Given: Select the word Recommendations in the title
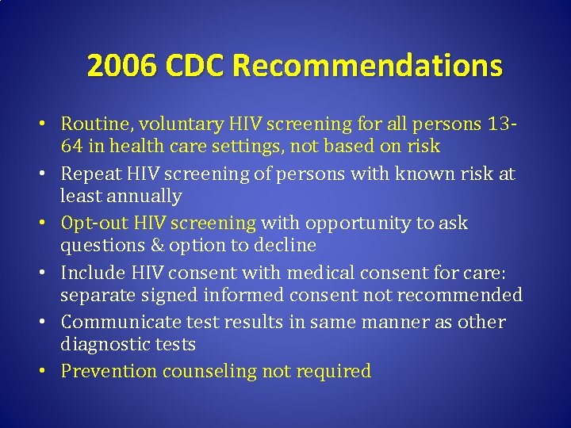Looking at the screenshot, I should click(366, 66).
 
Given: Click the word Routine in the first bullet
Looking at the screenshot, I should click(93, 124).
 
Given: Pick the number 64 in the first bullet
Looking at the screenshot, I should click(73, 147).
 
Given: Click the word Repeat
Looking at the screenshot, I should click(90, 174).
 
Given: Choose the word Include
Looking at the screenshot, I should click(91, 273).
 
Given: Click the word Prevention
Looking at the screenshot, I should click(108, 371).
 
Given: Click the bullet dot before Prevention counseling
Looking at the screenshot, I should click(49, 371).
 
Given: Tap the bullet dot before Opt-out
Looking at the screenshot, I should click(49, 223).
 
